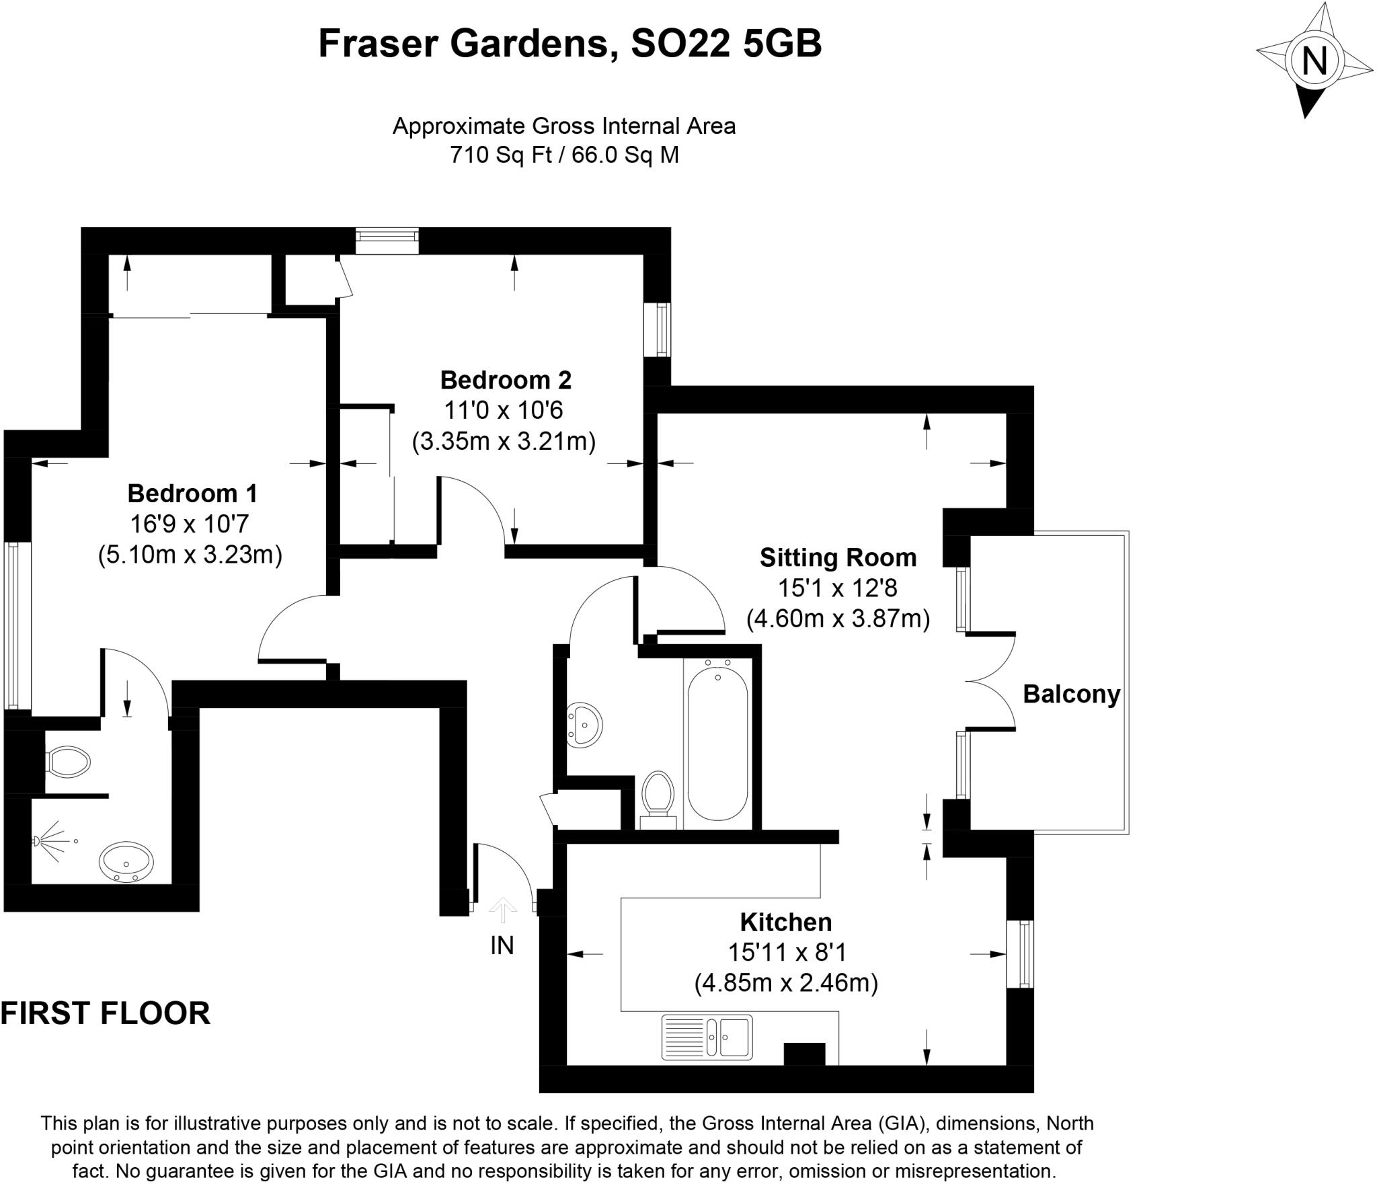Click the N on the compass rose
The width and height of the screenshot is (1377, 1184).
[1314, 62]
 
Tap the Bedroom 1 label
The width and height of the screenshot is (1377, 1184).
[192, 494]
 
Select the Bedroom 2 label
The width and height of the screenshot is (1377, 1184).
[506, 380]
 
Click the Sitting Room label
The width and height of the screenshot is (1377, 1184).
[838, 557]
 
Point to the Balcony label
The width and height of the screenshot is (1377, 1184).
[1071, 694]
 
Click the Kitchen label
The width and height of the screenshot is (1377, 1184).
[786, 922]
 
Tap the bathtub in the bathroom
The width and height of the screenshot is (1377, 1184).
[717, 742]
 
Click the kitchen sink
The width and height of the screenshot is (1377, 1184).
[707, 1037]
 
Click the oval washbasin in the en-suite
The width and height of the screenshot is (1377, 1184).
[126, 861]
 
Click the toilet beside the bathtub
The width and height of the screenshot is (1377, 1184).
[658, 797]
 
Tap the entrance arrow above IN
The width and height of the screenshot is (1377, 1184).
[503, 910]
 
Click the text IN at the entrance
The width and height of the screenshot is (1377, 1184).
[502, 945]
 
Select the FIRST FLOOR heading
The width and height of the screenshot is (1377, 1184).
[106, 1013]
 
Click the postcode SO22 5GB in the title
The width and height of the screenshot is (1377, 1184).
[726, 44]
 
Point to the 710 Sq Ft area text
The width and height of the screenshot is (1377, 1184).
[500, 155]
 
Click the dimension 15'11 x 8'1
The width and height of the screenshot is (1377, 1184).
[786, 952]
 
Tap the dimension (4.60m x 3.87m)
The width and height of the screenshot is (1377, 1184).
[838, 618]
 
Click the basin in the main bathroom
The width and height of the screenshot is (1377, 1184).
[584, 725]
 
